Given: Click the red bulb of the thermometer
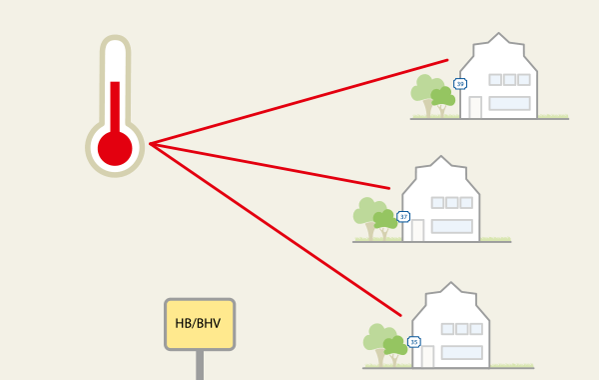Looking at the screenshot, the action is tap(115, 147).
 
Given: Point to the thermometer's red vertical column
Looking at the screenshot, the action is tap(115, 105).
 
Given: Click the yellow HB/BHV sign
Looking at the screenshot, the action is tap(200, 324).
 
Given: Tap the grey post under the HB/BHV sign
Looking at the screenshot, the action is tap(200, 365).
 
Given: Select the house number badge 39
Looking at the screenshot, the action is tap(459, 84).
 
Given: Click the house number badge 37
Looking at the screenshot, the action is tap(403, 216).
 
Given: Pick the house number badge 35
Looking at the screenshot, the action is tap(414, 342).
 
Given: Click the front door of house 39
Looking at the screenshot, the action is tap(475, 107).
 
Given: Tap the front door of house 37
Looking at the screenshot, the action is tap(417, 230).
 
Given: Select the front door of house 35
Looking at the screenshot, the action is tap(428, 355).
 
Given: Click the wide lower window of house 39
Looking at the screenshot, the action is tap(509, 103).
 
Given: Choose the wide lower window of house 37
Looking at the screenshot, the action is tap(451, 226).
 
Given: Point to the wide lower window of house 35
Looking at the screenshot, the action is tap(462, 351).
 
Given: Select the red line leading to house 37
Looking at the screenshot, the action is tap(270, 166).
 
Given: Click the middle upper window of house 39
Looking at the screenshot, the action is tap(509, 80).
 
